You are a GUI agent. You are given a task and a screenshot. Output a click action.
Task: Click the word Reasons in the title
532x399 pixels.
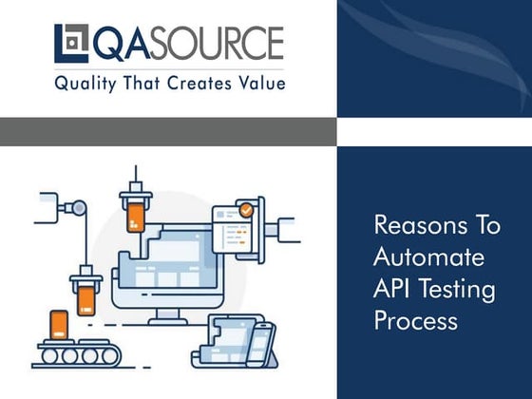pos(410,226)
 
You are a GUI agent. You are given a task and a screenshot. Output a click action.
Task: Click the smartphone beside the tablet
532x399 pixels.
pos(260,342)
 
